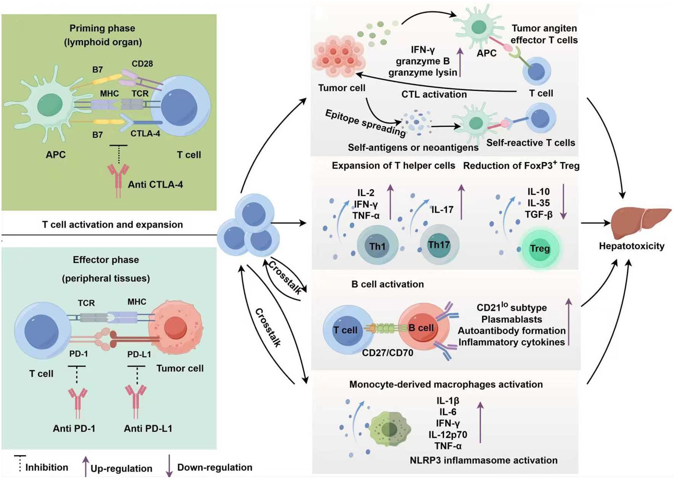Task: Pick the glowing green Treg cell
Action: (540, 248)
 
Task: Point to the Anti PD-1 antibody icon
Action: (78, 402)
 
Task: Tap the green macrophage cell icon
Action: (389, 429)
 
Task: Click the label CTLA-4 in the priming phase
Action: (145, 134)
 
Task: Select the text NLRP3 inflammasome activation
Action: (483, 460)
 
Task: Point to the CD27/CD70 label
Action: (387, 353)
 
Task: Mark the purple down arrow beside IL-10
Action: (563, 202)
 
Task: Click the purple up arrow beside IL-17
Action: (461, 202)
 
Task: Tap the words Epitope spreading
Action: (365, 123)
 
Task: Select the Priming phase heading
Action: (102, 28)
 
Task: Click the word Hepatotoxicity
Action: (631, 246)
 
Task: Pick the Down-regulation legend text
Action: (214, 467)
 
